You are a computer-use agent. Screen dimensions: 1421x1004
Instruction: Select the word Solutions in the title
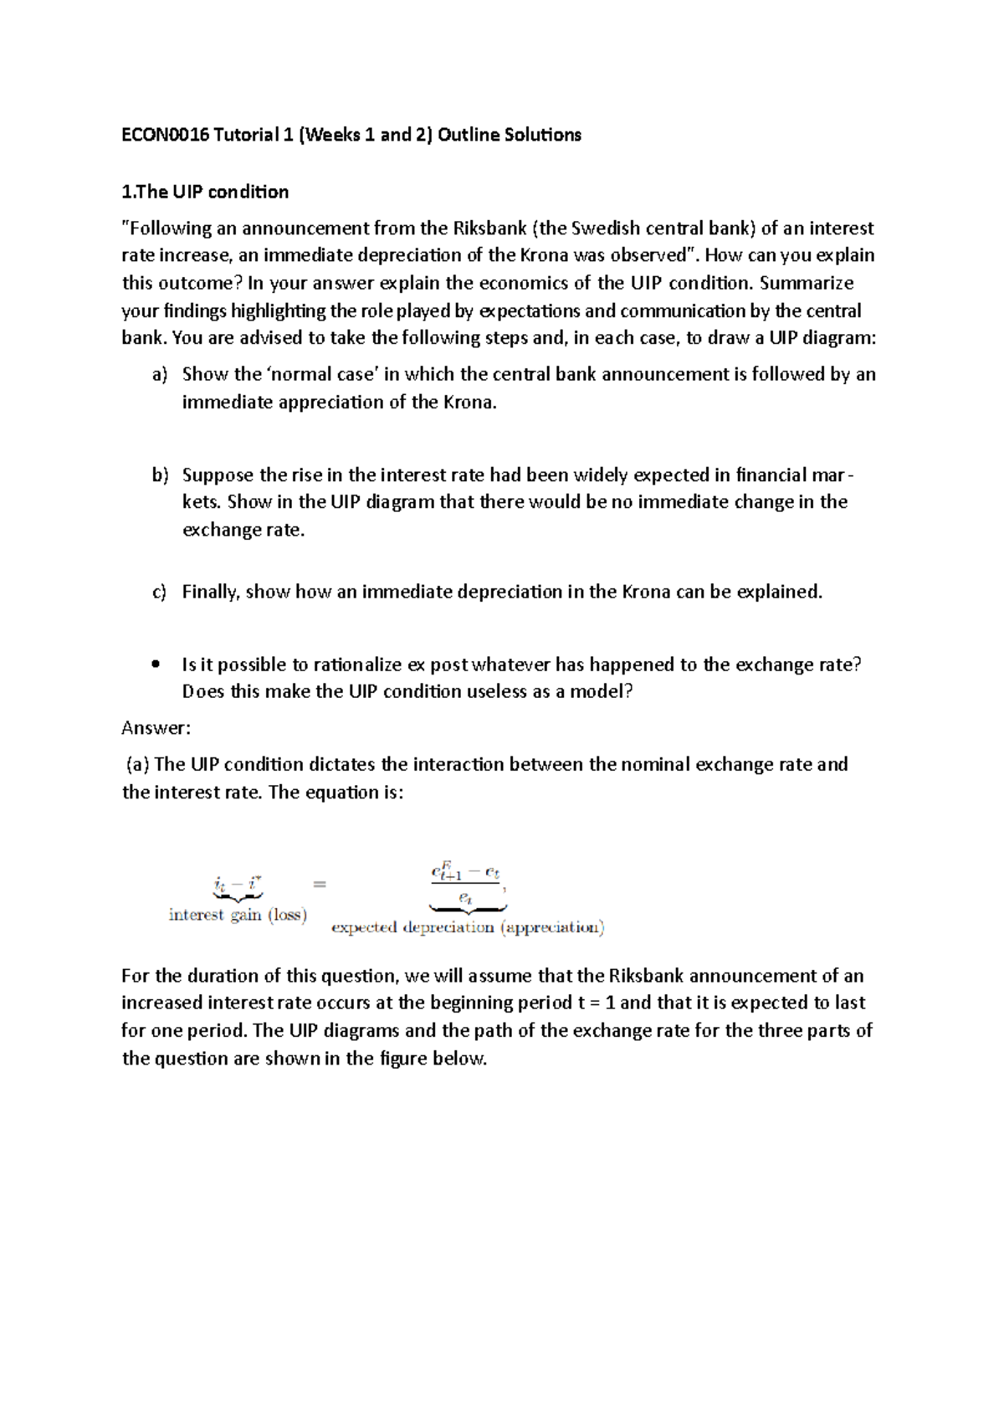click(x=542, y=135)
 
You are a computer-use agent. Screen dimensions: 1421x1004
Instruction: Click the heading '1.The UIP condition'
click(x=205, y=192)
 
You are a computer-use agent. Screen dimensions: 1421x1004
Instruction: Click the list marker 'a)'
click(x=160, y=375)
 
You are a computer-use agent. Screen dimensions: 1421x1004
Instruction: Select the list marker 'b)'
click(x=160, y=475)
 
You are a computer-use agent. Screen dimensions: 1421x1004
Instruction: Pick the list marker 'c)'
click(x=160, y=593)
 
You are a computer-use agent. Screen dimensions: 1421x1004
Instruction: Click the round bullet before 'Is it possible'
click(x=156, y=665)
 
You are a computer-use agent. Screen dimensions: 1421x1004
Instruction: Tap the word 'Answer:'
click(x=156, y=728)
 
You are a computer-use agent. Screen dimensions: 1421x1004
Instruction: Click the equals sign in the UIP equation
click(x=320, y=884)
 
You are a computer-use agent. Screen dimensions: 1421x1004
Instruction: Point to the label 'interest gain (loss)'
click(x=238, y=915)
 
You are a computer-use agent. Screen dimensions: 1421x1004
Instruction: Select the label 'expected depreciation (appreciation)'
click(x=468, y=927)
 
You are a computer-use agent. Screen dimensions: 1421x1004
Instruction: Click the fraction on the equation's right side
click(x=466, y=885)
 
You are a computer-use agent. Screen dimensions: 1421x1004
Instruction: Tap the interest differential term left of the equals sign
click(x=238, y=884)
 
